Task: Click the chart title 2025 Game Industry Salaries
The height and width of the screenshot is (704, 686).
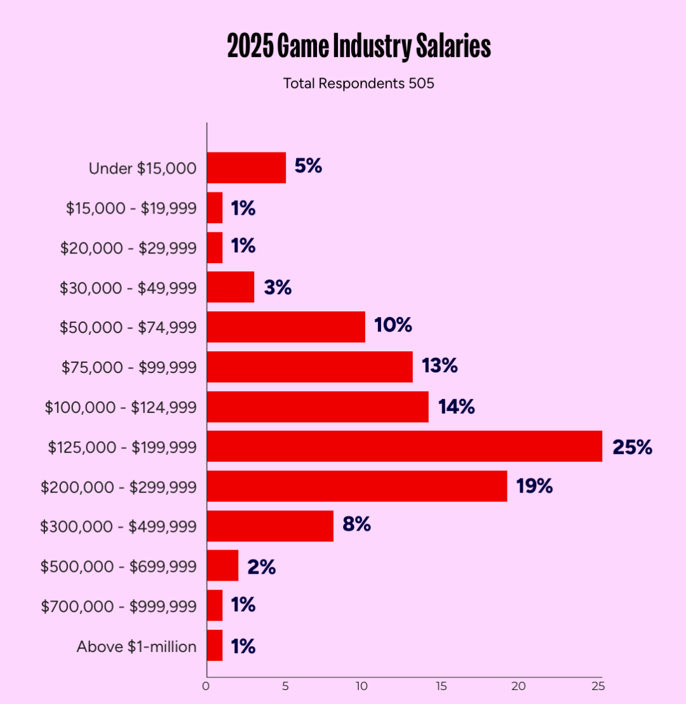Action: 359,48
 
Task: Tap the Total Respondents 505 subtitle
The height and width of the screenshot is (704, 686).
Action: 359,83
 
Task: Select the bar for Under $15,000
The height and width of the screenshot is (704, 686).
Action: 246,168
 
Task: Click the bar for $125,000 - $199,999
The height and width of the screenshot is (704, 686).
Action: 404,446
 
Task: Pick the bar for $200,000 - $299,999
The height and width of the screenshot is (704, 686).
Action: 357,486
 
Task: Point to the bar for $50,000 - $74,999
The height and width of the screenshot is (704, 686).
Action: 286,327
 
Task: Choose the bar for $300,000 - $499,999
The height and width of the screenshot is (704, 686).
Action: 270,526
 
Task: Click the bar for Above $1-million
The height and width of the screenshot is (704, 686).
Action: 215,646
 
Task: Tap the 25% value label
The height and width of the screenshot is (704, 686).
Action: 632,447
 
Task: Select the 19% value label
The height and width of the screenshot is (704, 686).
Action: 534,487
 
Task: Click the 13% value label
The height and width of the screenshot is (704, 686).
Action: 439,366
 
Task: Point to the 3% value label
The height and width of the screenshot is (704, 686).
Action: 278,287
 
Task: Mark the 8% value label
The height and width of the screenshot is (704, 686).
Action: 356,525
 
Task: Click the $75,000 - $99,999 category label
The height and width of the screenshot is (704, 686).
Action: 129,367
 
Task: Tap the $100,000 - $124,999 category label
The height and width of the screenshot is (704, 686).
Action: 121,407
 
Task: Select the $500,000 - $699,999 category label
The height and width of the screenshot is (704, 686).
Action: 118,566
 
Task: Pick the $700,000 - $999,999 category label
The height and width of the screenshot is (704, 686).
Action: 119,606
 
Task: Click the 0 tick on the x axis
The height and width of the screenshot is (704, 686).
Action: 206,686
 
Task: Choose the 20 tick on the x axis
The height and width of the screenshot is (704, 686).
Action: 520,686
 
